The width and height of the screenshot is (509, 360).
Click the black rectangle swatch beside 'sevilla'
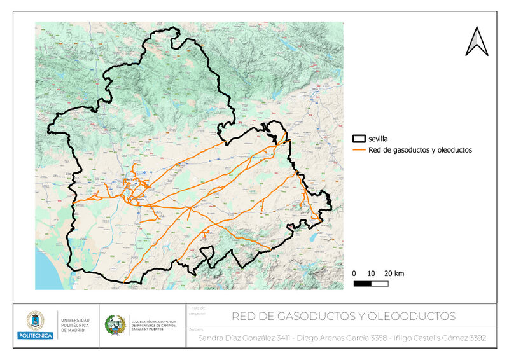pyautogui.click(x=359, y=138)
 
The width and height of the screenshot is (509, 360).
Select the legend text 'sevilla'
pyautogui.click(x=379, y=138)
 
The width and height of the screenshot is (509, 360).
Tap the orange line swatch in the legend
pyautogui.click(x=359, y=150)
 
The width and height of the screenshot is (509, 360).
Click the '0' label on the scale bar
pyautogui.click(x=354, y=273)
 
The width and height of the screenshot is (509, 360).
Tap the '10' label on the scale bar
pyautogui.click(x=371, y=273)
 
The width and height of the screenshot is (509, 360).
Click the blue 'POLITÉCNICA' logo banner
pyautogui.click(x=35, y=335)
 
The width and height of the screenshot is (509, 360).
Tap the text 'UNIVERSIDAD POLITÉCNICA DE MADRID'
pyautogui.click(x=75, y=325)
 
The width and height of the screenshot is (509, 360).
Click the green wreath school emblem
pyautogui.click(x=115, y=325)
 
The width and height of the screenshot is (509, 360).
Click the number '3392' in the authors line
pyautogui.click(x=475, y=338)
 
